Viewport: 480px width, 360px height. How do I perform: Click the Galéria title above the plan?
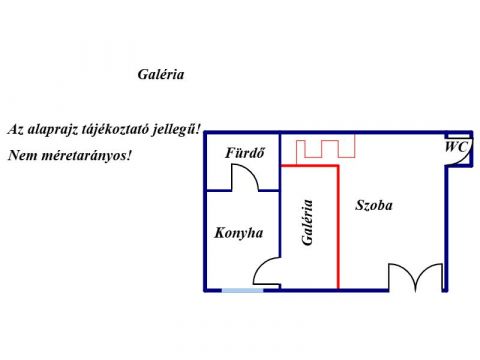[160, 74]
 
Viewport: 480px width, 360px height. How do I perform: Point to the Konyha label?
[238, 233]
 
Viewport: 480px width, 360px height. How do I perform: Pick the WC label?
[456, 146]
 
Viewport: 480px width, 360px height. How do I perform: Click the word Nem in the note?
[20, 156]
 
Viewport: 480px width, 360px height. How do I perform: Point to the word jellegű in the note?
[180, 130]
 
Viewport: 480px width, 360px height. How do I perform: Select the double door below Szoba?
[415, 277]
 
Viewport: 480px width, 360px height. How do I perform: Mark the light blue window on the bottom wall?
[242, 290]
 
